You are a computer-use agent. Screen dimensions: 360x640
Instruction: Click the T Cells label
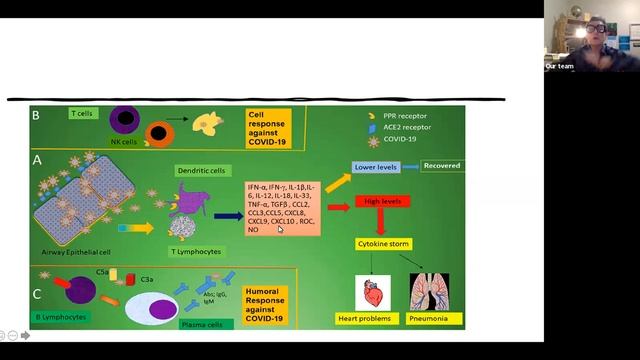(81, 114)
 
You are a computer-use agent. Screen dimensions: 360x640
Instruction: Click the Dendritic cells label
(200, 170)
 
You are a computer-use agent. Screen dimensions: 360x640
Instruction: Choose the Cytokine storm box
(386, 243)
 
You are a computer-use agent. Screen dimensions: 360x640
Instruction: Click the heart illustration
(373, 292)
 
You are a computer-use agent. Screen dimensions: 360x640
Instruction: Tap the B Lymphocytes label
(63, 316)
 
